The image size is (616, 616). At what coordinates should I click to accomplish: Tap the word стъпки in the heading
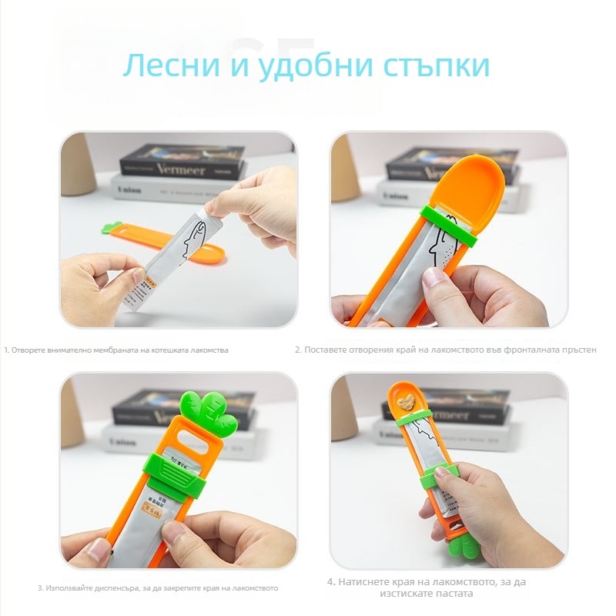pos(436,66)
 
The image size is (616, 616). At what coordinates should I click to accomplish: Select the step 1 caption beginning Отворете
pos(116,350)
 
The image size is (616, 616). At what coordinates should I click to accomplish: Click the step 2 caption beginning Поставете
pos(446,350)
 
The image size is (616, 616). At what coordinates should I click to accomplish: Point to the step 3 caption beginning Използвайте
pos(158,588)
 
